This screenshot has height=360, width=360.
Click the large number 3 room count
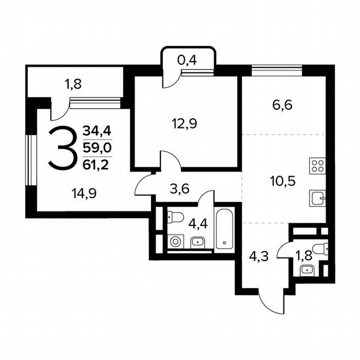click(x=63, y=148)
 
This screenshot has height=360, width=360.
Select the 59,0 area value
click(x=97, y=148)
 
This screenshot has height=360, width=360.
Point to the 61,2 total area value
click(x=96, y=165)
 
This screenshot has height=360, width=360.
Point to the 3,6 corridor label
click(x=180, y=188)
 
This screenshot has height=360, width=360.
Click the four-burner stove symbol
click(x=317, y=165)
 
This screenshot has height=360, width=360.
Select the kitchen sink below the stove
click(x=317, y=197)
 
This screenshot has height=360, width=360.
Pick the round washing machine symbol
click(x=175, y=242)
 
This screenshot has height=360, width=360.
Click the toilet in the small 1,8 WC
click(x=321, y=249)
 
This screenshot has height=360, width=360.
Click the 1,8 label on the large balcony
click(x=73, y=84)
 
